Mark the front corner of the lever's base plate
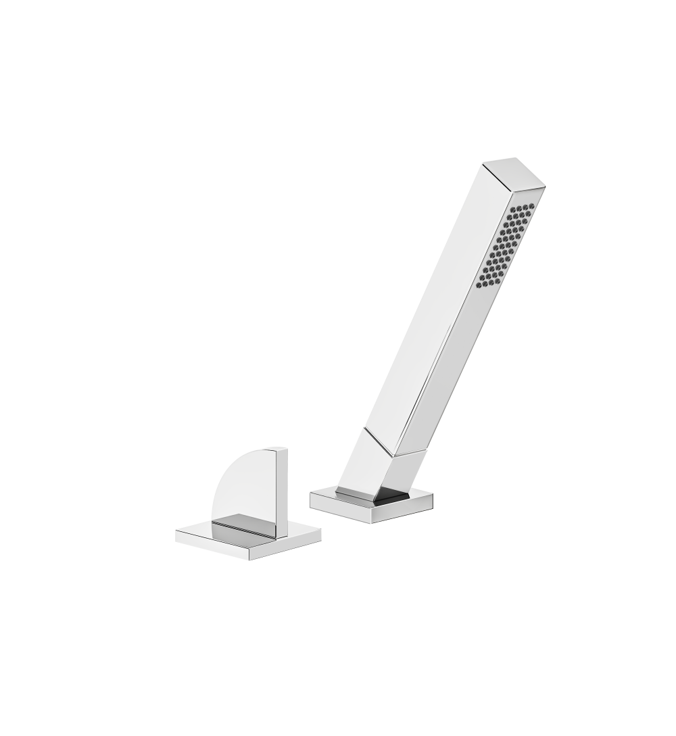[x=251, y=559]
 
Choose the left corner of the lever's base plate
[x=176, y=536]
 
